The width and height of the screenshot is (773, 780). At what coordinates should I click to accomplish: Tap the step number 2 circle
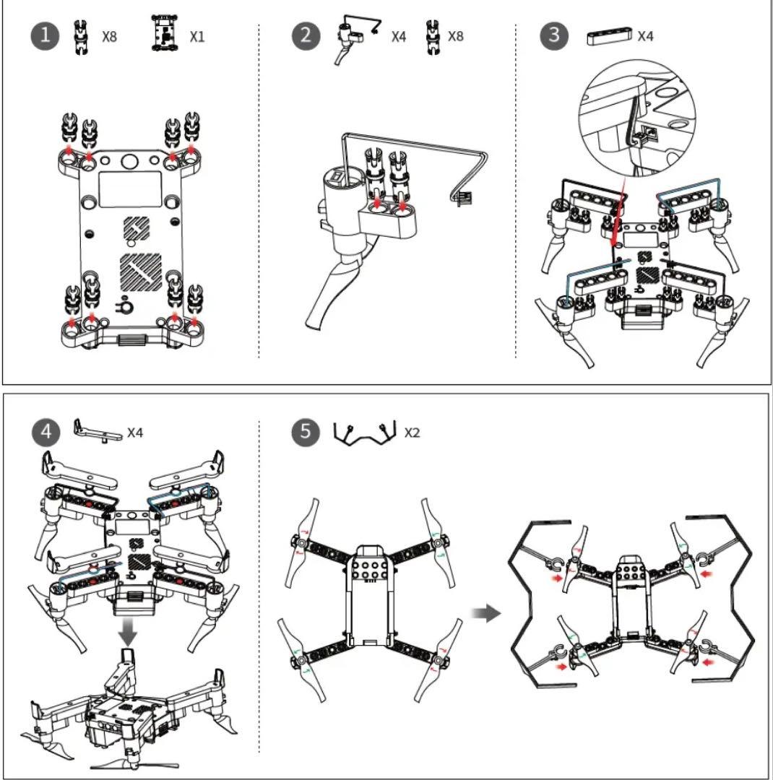(306, 36)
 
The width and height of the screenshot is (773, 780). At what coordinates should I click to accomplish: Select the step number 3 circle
(554, 36)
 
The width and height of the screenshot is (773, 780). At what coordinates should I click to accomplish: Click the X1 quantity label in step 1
(197, 36)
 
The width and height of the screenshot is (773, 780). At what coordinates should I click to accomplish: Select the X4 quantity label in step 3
(645, 36)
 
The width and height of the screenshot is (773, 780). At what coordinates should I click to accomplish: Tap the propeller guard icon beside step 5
(366, 432)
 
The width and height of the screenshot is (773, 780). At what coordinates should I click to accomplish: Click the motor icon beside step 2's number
(351, 40)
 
